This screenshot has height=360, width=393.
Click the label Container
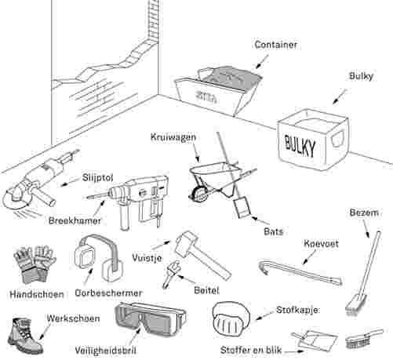click(x=276, y=45)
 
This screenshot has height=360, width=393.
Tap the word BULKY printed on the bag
click(x=300, y=145)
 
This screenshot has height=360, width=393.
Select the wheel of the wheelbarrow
click(x=198, y=195)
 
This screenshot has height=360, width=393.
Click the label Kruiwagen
click(x=173, y=137)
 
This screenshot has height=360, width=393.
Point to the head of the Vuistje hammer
click(x=186, y=243)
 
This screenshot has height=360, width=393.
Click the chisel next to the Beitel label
click(x=171, y=274)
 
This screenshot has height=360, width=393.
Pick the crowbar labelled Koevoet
click(x=300, y=271)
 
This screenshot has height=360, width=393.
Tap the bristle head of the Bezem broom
click(x=354, y=304)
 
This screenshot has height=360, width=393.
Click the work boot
click(x=25, y=335)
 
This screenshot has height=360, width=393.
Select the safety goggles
click(x=151, y=319)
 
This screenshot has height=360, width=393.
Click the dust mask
click(x=230, y=318)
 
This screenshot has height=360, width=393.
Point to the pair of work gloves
click(x=35, y=264)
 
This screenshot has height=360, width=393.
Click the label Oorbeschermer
click(x=108, y=293)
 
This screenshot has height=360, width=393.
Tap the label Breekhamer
click(x=75, y=220)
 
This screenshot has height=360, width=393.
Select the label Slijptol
click(x=98, y=178)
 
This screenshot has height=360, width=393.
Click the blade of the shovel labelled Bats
click(x=242, y=208)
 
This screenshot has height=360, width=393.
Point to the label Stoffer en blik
click(x=251, y=350)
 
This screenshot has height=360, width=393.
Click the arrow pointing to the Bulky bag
click(x=340, y=96)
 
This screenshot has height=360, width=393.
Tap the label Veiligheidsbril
click(x=105, y=351)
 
